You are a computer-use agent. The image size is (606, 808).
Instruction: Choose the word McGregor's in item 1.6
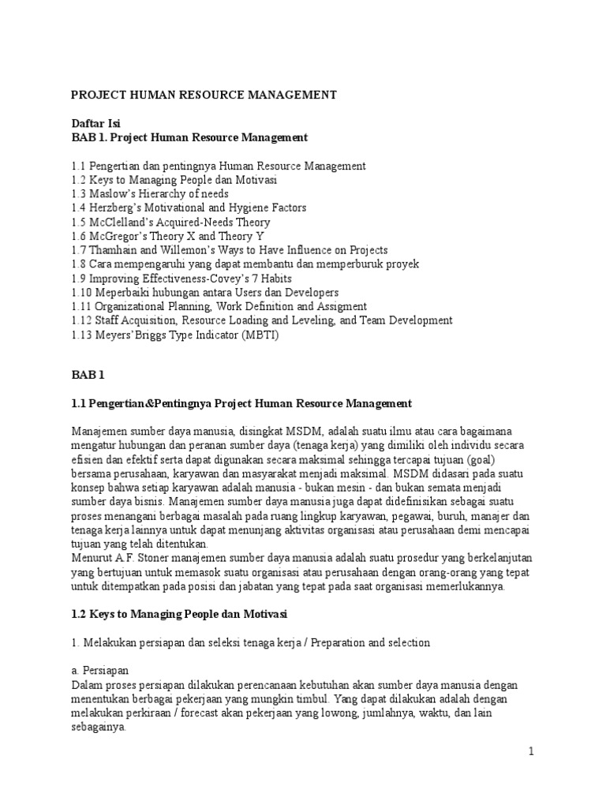(118, 236)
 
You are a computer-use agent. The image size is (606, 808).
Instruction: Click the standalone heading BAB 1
(88, 376)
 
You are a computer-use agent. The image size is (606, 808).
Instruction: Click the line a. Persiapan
(98, 671)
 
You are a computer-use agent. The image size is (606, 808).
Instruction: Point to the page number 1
(532, 752)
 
